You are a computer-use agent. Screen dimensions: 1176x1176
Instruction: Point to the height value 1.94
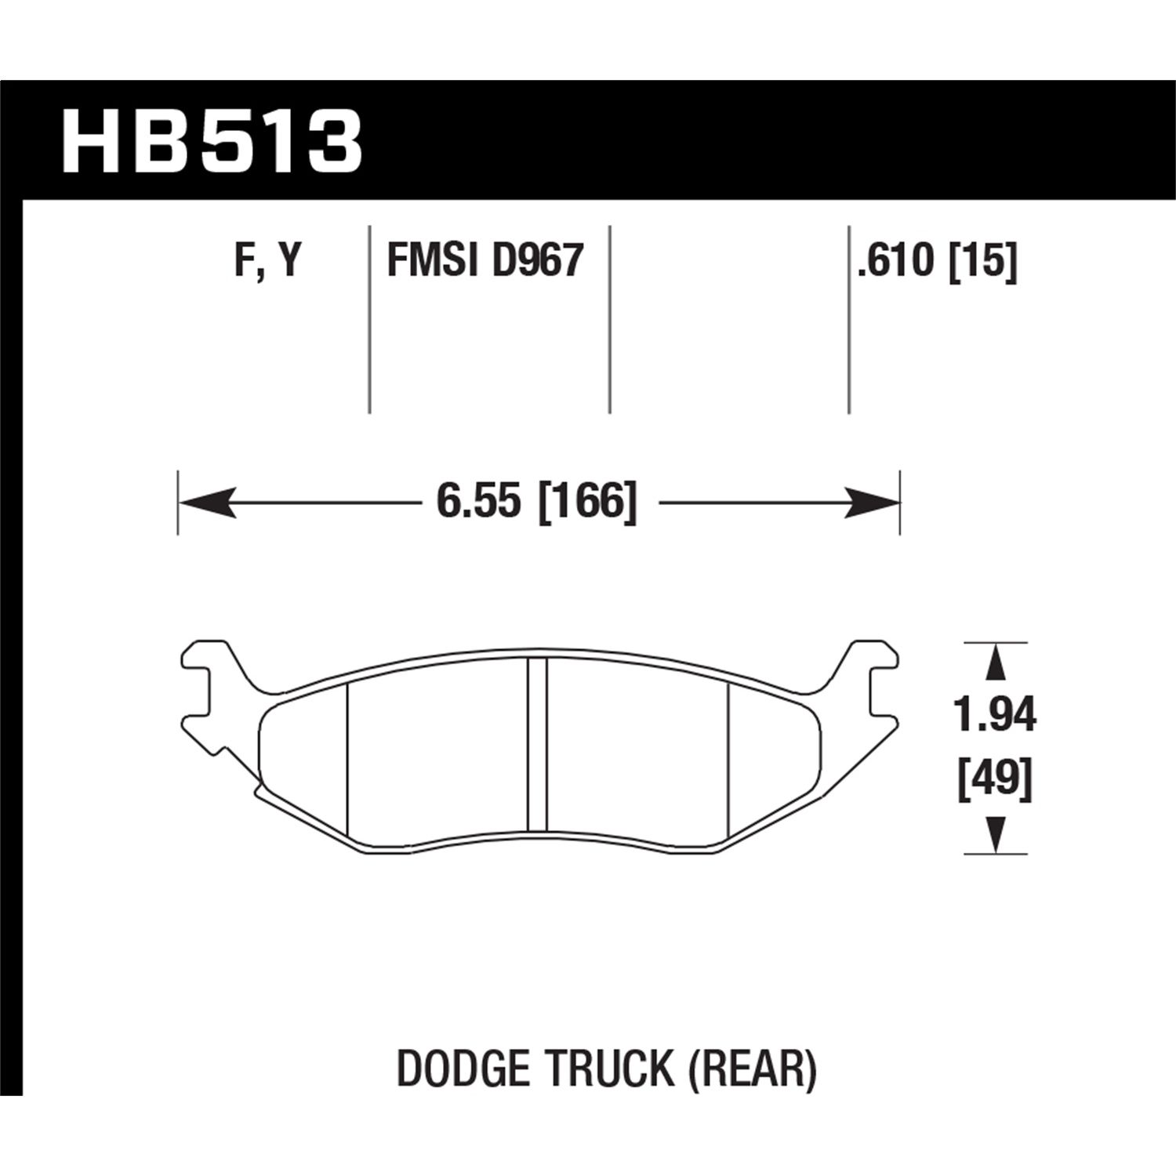(995, 715)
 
